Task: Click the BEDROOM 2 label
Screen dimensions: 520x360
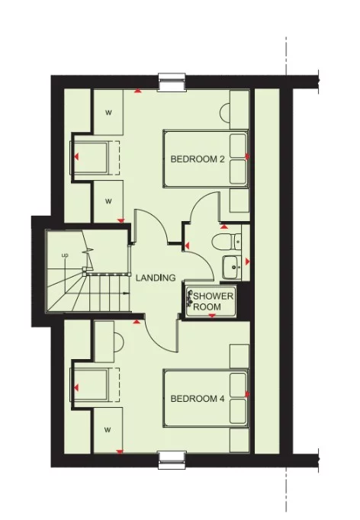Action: pos(197,159)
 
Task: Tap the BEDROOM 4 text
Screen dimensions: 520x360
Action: pos(197,399)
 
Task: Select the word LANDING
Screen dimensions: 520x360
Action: pos(156,278)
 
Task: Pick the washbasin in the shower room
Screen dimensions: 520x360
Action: pos(232,265)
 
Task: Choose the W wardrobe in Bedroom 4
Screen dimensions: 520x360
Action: pos(108,429)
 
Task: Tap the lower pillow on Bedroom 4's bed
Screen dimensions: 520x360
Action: pos(239,410)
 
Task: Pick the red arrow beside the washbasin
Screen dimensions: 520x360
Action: pos(247,262)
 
